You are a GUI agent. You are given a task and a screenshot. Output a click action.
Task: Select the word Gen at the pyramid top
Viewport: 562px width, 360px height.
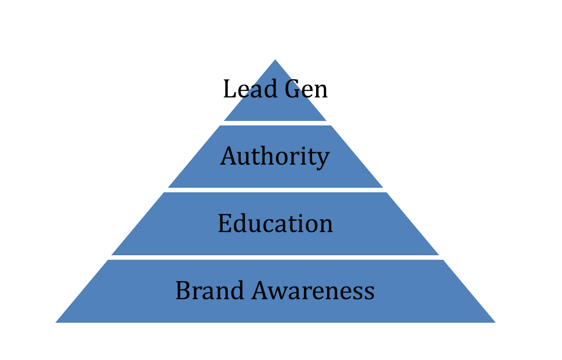click(x=306, y=89)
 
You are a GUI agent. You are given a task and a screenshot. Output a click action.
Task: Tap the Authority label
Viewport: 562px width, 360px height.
click(x=275, y=156)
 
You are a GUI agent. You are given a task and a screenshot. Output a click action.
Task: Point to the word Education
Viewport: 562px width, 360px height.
click(x=275, y=223)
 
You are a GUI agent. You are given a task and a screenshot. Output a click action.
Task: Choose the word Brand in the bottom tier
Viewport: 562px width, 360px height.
click(x=209, y=291)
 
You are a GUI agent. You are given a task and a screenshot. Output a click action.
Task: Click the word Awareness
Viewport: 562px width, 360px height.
click(x=313, y=291)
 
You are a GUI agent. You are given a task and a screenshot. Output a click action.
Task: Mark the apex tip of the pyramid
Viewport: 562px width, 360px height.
click(x=275, y=60)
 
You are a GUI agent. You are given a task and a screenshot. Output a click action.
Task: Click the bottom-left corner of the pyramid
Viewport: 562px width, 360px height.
click(x=57, y=322)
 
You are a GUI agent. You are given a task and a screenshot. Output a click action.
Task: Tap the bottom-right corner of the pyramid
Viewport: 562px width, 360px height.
click(x=494, y=322)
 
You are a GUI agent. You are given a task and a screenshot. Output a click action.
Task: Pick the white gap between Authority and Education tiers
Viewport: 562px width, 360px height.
click(x=275, y=190)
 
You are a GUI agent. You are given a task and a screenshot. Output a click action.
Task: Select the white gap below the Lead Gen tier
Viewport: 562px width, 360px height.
click(x=275, y=123)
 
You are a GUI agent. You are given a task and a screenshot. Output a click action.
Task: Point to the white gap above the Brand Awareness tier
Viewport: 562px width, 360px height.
click(x=275, y=257)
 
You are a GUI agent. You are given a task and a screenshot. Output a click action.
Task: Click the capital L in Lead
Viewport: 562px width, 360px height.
click(x=228, y=89)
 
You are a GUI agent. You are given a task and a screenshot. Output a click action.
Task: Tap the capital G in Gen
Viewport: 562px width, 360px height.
click(x=293, y=89)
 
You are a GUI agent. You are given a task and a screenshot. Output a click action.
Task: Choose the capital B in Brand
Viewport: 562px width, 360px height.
click(x=183, y=291)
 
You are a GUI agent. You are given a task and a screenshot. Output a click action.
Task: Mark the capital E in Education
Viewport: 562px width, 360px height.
click(x=225, y=223)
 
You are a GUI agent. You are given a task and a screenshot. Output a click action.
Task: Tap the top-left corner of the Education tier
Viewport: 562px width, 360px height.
click(x=164, y=193)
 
